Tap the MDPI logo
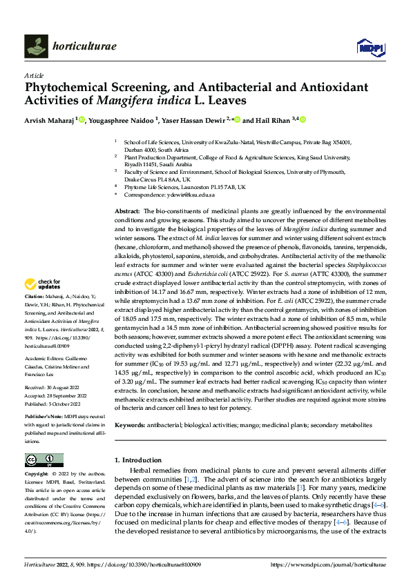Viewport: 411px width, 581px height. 370,46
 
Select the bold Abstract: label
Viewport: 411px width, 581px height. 127,210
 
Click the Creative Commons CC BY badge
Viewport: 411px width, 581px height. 44,460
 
